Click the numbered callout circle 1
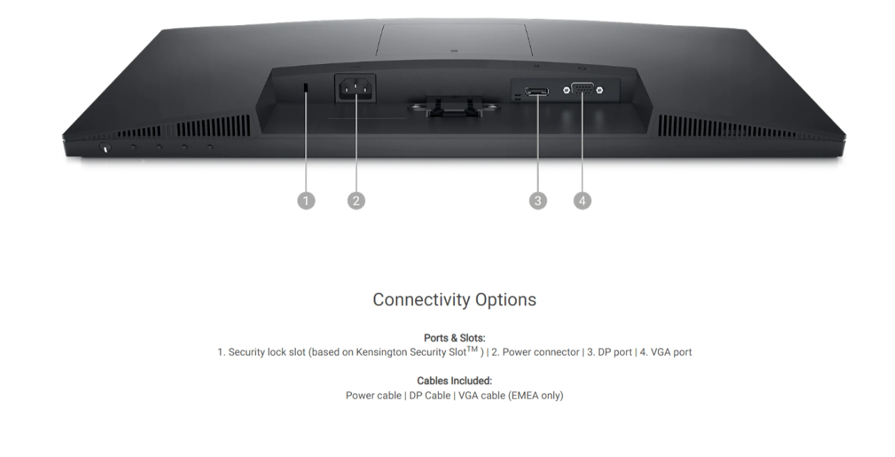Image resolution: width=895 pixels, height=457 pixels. (x=306, y=200)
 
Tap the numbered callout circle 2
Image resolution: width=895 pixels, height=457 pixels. (x=356, y=200)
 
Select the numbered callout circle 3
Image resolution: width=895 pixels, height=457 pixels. (x=538, y=200)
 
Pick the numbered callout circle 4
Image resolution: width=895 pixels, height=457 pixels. (x=582, y=200)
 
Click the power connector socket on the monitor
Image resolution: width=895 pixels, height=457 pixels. (x=355, y=88)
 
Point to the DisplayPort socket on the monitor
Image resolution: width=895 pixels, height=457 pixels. (x=537, y=92)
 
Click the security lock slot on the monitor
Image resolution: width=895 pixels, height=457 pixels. (x=306, y=88)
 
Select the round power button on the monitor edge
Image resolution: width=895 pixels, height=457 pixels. (x=105, y=147)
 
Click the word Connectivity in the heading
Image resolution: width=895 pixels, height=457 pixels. (x=421, y=300)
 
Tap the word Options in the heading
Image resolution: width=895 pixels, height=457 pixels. (x=506, y=300)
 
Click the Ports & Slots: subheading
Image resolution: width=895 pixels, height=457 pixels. (x=454, y=338)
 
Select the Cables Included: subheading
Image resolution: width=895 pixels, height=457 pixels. (x=454, y=380)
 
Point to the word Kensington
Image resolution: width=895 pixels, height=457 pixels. (x=381, y=352)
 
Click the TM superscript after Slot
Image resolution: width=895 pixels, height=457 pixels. (x=472, y=349)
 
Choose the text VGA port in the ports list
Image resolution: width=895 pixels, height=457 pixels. (x=671, y=352)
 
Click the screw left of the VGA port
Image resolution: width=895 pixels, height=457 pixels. (x=566, y=90)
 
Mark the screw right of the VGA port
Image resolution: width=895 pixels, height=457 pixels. (x=599, y=90)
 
